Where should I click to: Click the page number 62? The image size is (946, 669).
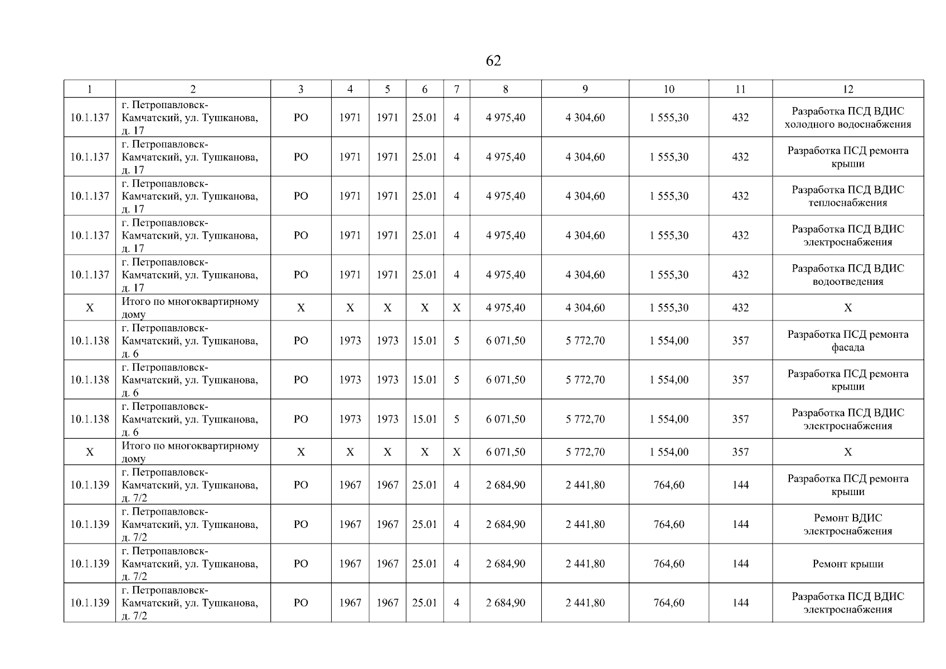click(x=493, y=61)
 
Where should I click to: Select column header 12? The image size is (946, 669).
click(x=847, y=89)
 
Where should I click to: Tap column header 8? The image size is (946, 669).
click(x=505, y=89)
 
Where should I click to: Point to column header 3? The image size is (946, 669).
click(x=300, y=89)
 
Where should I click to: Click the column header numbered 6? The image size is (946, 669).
click(x=424, y=89)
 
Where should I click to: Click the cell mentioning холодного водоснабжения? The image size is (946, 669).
click(x=847, y=118)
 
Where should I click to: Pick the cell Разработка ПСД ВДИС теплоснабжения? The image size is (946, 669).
click(x=847, y=196)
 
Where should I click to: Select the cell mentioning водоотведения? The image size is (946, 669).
click(x=847, y=275)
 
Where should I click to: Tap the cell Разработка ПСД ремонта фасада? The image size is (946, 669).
click(x=847, y=341)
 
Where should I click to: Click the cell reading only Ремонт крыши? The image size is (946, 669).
click(x=847, y=564)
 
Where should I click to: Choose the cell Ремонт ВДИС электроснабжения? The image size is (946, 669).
click(x=847, y=525)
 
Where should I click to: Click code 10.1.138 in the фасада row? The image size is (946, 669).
click(x=90, y=341)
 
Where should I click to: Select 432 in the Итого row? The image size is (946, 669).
click(x=740, y=308)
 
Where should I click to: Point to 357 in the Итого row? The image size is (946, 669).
click(x=740, y=452)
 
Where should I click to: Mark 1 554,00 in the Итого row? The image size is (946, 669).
click(x=668, y=452)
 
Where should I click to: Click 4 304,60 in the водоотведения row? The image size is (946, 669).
click(x=585, y=275)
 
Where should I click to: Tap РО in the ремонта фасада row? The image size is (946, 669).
click(x=300, y=341)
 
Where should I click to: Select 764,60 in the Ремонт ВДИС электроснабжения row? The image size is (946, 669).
click(x=668, y=525)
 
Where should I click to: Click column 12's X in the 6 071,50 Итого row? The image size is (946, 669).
click(x=847, y=452)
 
